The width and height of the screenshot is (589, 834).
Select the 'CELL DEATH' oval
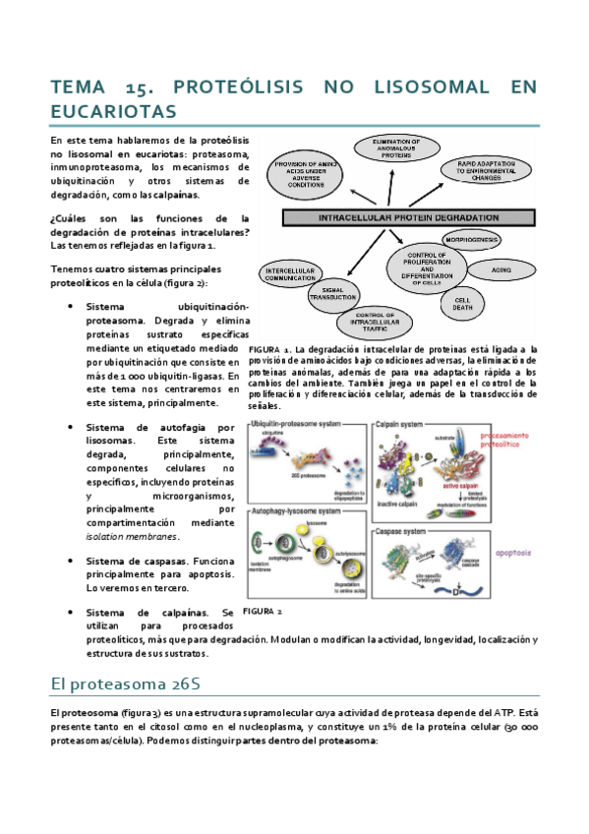point(460,304)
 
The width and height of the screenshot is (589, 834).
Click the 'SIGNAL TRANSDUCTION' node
point(333,291)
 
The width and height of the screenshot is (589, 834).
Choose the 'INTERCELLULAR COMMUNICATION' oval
point(289,272)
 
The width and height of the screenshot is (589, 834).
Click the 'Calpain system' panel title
point(398,424)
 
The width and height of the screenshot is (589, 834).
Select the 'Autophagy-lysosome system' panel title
point(296,512)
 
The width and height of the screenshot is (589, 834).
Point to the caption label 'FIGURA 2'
point(263,611)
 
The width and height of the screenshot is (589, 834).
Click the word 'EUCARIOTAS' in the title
point(112,110)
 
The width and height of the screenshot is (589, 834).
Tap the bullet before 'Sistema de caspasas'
point(73,561)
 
